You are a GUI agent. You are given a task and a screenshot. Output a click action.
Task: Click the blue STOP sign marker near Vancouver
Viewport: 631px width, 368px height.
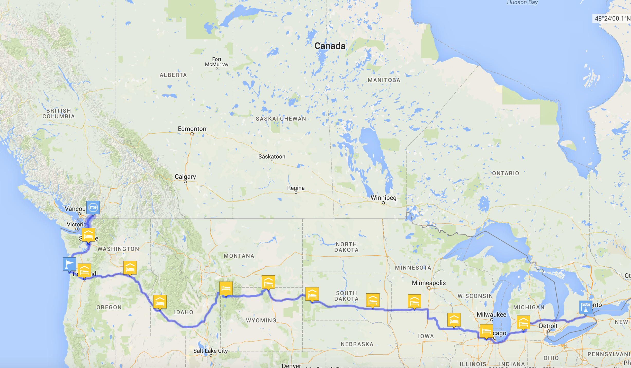coord(93,207)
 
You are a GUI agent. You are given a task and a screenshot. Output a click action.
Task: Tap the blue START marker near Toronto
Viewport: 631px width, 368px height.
coord(585,307)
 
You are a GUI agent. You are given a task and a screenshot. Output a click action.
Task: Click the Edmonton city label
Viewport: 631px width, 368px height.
coord(192,129)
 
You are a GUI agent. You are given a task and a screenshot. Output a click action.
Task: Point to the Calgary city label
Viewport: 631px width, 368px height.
coord(185,177)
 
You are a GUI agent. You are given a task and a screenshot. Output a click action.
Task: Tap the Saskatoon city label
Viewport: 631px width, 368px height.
coord(272,156)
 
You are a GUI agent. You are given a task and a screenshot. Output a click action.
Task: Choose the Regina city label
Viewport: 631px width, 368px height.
coord(296,188)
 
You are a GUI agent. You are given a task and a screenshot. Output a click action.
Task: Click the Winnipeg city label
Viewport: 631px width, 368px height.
coord(383,198)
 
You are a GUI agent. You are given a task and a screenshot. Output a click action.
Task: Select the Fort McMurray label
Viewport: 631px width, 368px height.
coord(217,62)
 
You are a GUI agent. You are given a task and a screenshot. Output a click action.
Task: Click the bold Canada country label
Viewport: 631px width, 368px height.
coord(330,46)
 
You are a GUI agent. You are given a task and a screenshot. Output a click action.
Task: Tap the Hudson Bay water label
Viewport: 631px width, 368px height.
coord(522,3)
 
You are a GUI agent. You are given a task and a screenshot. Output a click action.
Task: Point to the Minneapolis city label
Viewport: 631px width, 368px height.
coord(429,283)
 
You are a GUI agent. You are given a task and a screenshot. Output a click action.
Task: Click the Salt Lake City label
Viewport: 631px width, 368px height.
coord(210,351)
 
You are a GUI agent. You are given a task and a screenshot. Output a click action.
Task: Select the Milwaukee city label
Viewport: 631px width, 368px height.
coord(491,314)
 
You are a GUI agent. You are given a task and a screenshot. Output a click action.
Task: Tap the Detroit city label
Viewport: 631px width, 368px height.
coord(548,326)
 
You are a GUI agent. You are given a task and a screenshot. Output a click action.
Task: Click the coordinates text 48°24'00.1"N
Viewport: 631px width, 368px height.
coord(612,19)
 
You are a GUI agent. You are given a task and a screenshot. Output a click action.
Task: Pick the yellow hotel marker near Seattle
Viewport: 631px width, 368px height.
coord(88,235)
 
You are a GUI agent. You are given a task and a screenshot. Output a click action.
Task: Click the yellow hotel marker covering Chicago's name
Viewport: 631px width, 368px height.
coord(486,331)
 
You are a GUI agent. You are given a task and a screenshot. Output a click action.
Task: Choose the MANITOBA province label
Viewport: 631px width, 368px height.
coord(384,80)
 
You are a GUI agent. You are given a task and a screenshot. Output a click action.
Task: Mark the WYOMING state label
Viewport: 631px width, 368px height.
coord(261,320)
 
